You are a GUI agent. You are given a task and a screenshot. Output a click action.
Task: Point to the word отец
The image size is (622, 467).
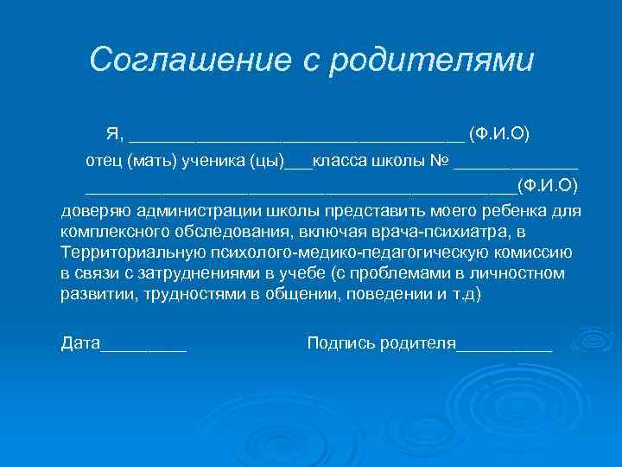coord(104,161)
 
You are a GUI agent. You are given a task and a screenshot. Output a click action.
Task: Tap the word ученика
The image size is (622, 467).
coord(211,161)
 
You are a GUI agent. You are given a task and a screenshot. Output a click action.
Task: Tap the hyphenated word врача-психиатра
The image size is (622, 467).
coord(441,232)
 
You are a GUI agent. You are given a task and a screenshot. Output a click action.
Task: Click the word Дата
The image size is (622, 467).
coord(80,342)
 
